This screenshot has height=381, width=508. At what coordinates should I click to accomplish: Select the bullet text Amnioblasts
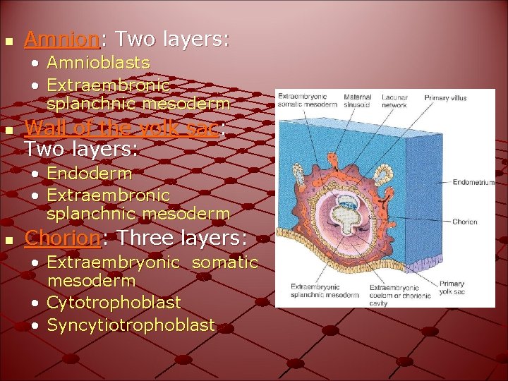[x=98, y=63]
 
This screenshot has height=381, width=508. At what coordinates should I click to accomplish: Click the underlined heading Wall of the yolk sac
[x=123, y=128]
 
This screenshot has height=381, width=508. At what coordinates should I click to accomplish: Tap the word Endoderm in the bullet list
[x=89, y=173]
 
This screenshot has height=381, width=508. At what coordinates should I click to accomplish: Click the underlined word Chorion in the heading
[x=64, y=238]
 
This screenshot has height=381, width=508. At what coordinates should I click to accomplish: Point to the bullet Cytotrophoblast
[x=114, y=303]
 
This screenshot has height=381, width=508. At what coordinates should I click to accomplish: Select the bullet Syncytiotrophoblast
[x=131, y=325]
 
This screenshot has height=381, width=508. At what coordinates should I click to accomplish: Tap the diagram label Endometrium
[x=473, y=181]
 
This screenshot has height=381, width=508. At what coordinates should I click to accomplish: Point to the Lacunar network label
[x=394, y=101]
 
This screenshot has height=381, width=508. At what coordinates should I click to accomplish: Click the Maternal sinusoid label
[x=358, y=101]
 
